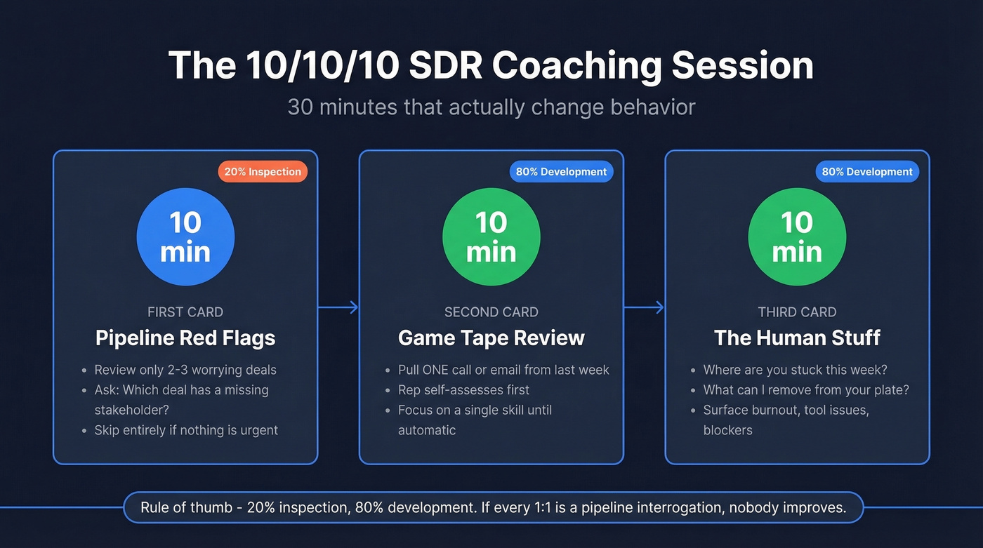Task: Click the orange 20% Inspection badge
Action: coord(263,171)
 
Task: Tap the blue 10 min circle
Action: coord(185,236)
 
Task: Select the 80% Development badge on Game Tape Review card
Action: coord(561,171)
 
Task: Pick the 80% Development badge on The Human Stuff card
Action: coord(867,171)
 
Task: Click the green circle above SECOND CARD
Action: coord(491,236)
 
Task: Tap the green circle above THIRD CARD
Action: coord(797,236)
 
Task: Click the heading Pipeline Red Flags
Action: coord(185,338)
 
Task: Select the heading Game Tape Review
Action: coord(491,338)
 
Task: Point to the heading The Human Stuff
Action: coord(797,338)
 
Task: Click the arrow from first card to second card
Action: coord(338,307)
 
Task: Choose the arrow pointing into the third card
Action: coord(644,307)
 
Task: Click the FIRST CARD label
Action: coord(185,312)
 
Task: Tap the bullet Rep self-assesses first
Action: coord(463,389)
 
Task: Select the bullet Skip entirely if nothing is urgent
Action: coord(186,430)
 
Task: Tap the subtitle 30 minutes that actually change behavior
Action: coord(491,107)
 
